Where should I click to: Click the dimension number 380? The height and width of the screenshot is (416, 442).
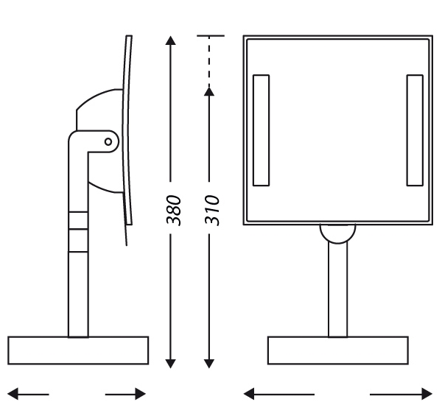pyautogui.click(x=173, y=210)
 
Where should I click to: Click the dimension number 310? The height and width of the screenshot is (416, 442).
pyautogui.click(x=212, y=210)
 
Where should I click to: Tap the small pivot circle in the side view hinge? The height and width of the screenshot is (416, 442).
pyautogui.click(x=108, y=141)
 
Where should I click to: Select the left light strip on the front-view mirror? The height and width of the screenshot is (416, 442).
pyautogui.click(x=261, y=130)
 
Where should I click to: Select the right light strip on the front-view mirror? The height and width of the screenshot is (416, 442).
pyautogui.click(x=415, y=130)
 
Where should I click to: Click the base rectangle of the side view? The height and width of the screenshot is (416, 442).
pyautogui.click(x=78, y=350)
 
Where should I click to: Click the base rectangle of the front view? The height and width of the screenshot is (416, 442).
pyautogui.click(x=338, y=350)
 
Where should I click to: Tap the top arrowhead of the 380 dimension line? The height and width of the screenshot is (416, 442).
pyautogui.click(x=170, y=40)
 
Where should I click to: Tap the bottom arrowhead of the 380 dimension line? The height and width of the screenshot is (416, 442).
pyautogui.click(x=170, y=364)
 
